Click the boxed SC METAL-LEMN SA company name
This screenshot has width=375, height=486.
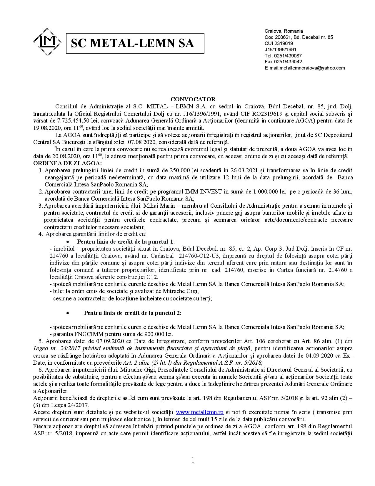coord(135,43)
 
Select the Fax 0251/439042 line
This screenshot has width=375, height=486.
coord(283,62)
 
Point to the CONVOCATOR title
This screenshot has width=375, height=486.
coord(193,99)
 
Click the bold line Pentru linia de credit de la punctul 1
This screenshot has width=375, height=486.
coord(125,242)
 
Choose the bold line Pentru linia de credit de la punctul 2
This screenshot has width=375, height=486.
coord(133,313)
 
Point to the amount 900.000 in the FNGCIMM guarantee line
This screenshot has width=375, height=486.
coord(154,334)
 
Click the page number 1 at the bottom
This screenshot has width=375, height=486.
coord(193,460)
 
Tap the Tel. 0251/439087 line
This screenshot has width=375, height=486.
coord(283,56)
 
